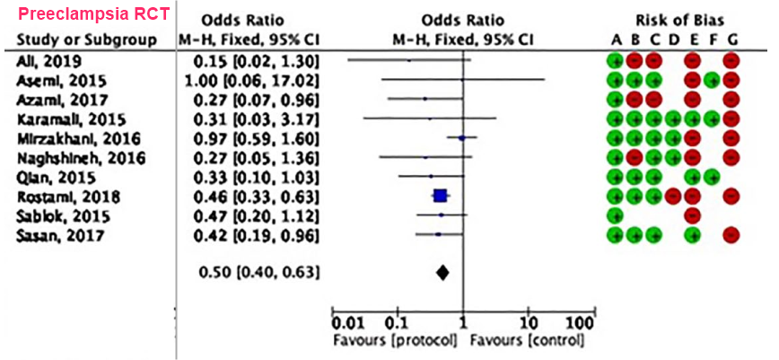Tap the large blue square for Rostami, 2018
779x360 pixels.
click(x=440, y=196)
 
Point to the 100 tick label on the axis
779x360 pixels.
click(x=581, y=323)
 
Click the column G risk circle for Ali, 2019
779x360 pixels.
click(x=731, y=60)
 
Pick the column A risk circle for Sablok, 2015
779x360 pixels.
click(x=615, y=215)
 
